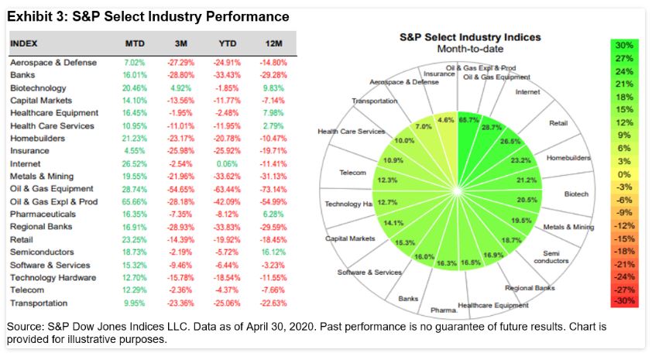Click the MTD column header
pos(135,43)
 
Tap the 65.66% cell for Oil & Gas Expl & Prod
pos(135,201)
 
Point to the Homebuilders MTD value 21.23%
pos(135,138)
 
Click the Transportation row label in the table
pos(39,303)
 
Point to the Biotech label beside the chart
pos(576,194)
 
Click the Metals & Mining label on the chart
pos(569,227)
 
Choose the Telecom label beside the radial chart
pos(352,172)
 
